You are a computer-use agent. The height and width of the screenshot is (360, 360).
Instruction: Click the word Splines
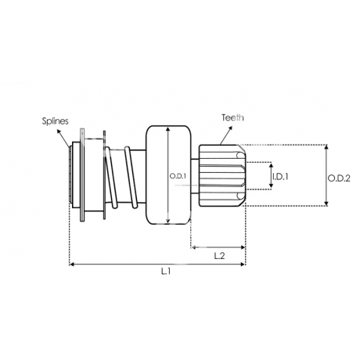(x=56, y=121)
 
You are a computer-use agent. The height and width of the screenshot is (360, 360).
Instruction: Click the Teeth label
(x=232, y=117)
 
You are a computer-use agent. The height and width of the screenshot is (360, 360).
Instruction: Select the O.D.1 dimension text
(x=178, y=176)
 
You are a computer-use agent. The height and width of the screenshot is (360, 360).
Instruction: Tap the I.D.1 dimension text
(x=280, y=177)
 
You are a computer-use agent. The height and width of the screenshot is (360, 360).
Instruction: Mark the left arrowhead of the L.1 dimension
(x=72, y=265)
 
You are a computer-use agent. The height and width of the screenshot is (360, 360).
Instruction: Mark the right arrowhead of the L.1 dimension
(x=243, y=265)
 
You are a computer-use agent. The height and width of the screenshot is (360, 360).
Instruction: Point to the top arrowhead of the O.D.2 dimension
(x=326, y=147)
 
